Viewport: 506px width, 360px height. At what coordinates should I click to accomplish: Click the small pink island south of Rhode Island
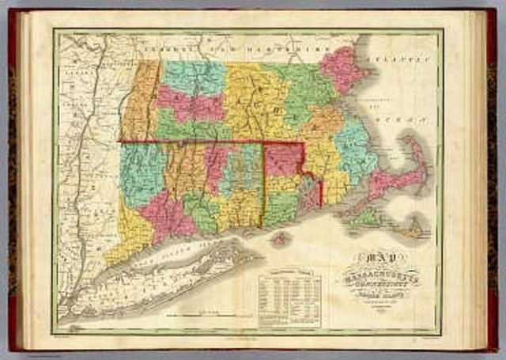pyautogui.click(x=278, y=237)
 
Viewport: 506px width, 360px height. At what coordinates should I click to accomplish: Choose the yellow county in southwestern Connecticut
pyautogui.click(x=130, y=229)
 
